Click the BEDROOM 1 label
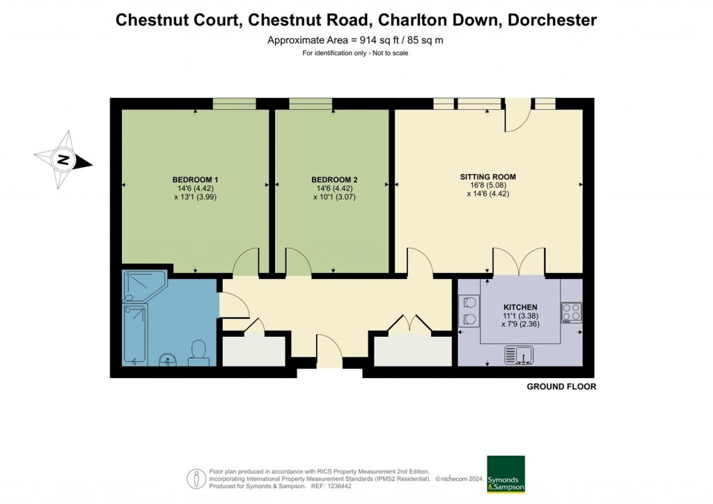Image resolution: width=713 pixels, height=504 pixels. point(195,180)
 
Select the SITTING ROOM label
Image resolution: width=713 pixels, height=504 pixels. point(487,177)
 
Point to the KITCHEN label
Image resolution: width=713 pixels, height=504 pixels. point(520,307)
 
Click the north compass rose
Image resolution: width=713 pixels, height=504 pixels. point(63,160)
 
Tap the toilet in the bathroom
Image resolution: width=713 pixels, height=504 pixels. point(198,352)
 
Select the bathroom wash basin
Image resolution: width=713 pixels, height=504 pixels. point(166,359)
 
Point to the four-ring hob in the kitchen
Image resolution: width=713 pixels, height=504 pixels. point(572,313)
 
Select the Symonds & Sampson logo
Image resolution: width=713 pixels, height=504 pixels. point(506,475)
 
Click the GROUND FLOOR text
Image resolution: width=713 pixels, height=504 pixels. point(561,386)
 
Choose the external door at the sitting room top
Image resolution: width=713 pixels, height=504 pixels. point(516,116)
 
